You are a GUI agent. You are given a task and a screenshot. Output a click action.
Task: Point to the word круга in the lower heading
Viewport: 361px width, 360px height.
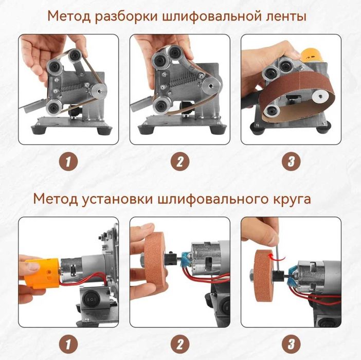(291, 198)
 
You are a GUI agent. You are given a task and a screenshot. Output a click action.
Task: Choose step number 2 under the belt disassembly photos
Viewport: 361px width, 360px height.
(179, 161)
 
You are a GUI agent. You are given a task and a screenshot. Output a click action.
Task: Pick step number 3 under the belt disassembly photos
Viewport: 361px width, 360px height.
(291, 161)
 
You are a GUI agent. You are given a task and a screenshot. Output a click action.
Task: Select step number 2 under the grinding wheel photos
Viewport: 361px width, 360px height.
(179, 343)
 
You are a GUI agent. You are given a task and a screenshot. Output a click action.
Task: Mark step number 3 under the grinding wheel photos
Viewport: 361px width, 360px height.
(291, 343)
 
